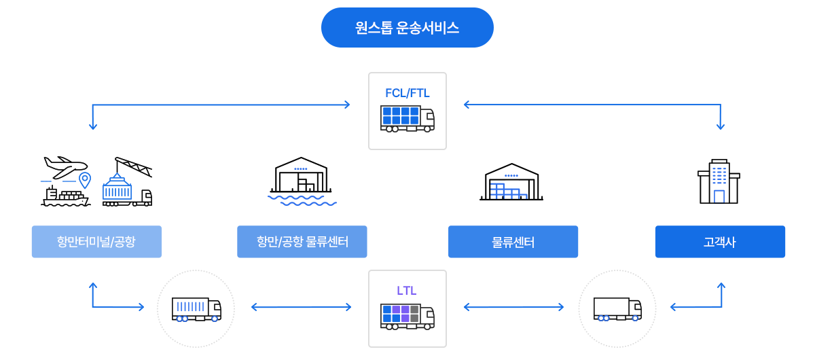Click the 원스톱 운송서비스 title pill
[407, 28]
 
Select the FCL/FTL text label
[407, 93]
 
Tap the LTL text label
[406, 291]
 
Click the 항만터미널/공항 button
[96, 242]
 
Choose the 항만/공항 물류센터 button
[302, 242]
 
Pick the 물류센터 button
[513, 242]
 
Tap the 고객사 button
[720, 242]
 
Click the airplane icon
[65, 167]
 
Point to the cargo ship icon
[65, 196]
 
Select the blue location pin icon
[85, 180]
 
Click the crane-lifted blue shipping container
[117, 187]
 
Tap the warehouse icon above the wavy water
[301, 175]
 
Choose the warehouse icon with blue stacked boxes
[511, 181]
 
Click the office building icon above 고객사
[719, 181]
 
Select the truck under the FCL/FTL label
[407, 119]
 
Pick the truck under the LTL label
[407, 317]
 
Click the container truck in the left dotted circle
[196, 310]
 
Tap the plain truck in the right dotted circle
[617, 310]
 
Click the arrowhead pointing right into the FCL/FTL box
[347, 105]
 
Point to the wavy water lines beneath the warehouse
[302, 200]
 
